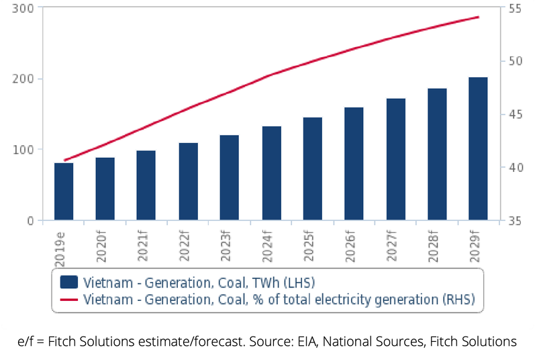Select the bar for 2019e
pos(64,191)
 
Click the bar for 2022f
pos(189,181)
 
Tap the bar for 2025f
pos(313,169)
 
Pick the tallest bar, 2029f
pos(478,148)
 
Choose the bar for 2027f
pos(396,159)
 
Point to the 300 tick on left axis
pos(26,8)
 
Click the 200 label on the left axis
pos(26,79)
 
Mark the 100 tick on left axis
pos(26,149)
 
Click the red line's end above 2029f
pos(479,17)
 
